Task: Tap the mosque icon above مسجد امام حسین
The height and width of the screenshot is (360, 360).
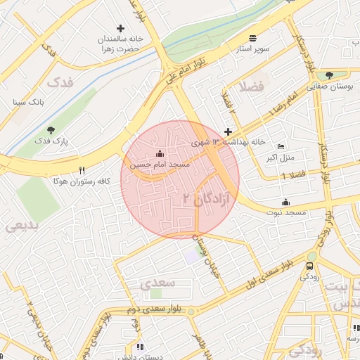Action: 159,153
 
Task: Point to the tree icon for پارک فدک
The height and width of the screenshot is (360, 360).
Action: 51,130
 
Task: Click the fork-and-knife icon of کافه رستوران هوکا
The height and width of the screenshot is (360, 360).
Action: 82,170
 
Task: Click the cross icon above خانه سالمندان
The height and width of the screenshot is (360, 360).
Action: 120,29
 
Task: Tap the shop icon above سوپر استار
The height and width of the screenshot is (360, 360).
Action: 252,38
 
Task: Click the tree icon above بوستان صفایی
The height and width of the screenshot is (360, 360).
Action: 329,75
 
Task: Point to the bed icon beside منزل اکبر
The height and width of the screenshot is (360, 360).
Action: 281,146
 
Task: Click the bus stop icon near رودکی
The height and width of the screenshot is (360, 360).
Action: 310,266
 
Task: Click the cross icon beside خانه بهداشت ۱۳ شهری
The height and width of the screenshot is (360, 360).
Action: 228,131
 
